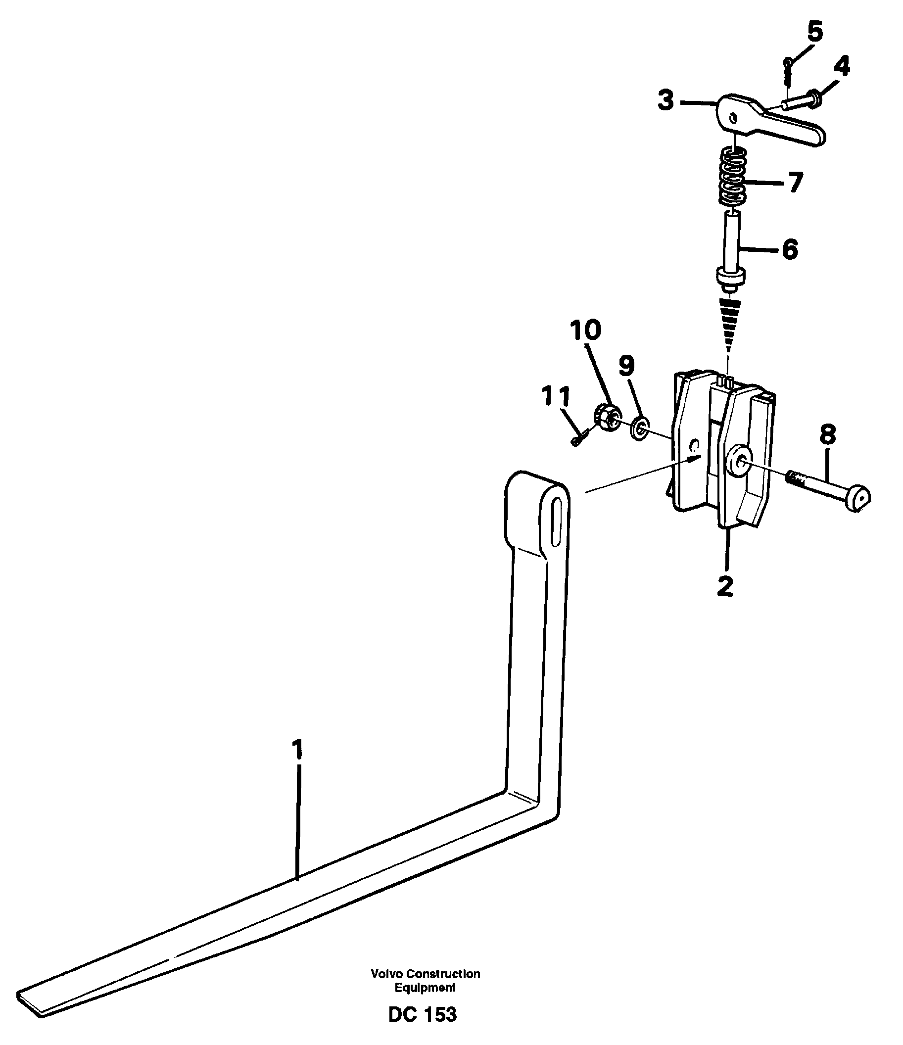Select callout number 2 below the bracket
[x=725, y=586]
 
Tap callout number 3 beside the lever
[x=666, y=101]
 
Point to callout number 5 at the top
[x=814, y=32]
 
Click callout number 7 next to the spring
[x=795, y=182]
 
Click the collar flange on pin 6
[x=730, y=278]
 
